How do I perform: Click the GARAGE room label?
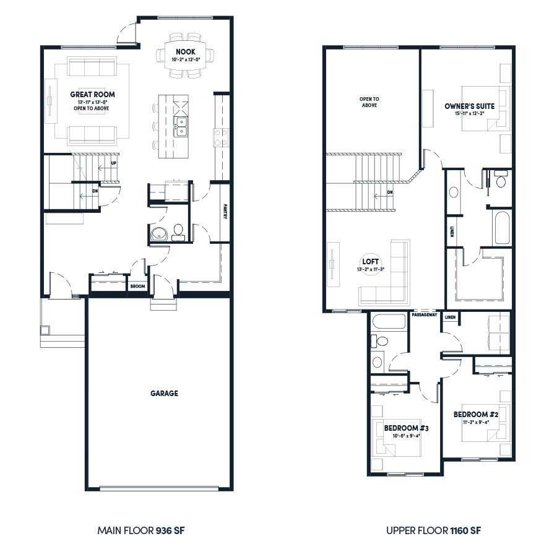164,393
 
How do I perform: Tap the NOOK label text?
185,51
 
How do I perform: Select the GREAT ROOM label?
92,95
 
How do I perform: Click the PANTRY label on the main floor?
226,212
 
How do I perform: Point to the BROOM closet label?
137,287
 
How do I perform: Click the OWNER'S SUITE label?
469,106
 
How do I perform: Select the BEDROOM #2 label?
472,414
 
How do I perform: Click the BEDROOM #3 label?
403,428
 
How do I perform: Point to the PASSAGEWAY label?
425,315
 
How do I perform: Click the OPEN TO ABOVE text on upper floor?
369,102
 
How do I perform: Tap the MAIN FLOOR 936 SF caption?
141,530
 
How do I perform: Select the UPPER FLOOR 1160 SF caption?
433,530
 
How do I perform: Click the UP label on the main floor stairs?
113,163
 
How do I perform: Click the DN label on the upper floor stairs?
389,192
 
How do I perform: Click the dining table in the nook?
185,56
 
